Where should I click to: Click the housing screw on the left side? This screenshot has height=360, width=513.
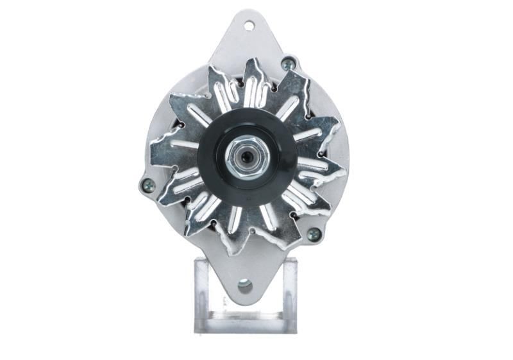click(x=147, y=185)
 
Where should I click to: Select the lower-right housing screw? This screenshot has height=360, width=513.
click(x=314, y=234)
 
